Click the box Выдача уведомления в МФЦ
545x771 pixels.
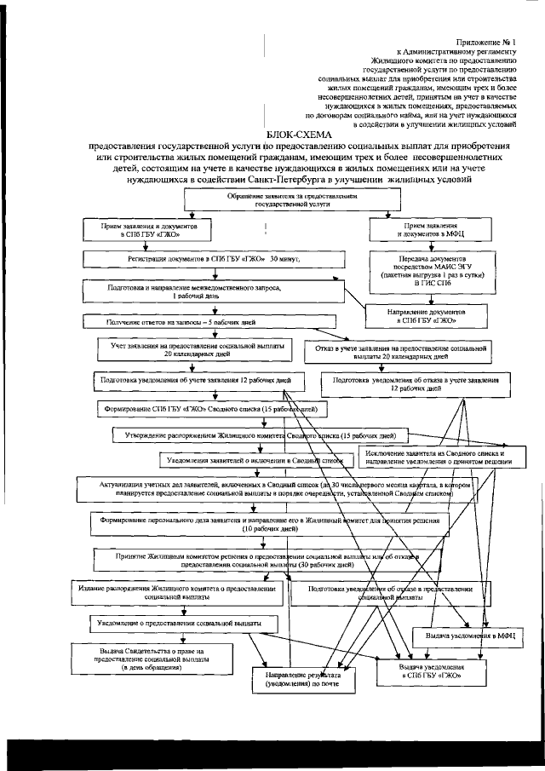[468, 636]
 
